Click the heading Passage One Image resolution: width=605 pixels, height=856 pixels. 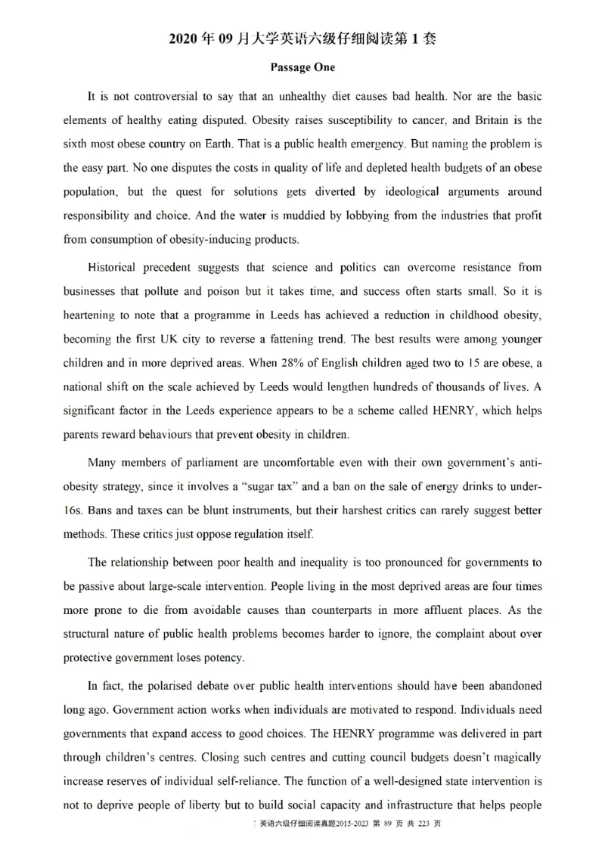302,67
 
